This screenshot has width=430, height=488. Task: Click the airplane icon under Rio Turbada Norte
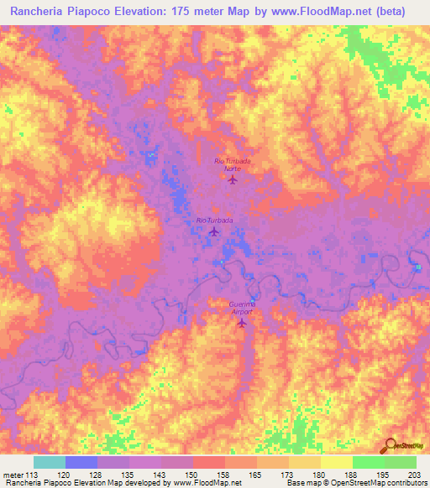click(x=233, y=179)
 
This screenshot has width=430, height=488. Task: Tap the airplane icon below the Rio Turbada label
click(x=213, y=232)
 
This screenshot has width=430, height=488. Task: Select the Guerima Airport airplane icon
click(x=244, y=323)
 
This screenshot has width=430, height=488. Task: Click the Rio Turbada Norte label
click(x=233, y=164)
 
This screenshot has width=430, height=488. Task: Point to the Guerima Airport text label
click(x=242, y=307)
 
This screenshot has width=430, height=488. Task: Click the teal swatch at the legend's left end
click(x=50, y=462)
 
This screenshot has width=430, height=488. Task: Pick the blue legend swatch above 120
click(x=81, y=462)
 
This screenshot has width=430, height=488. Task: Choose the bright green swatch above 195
click(x=368, y=462)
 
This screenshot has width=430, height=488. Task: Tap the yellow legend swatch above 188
click(x=336, y=462)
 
